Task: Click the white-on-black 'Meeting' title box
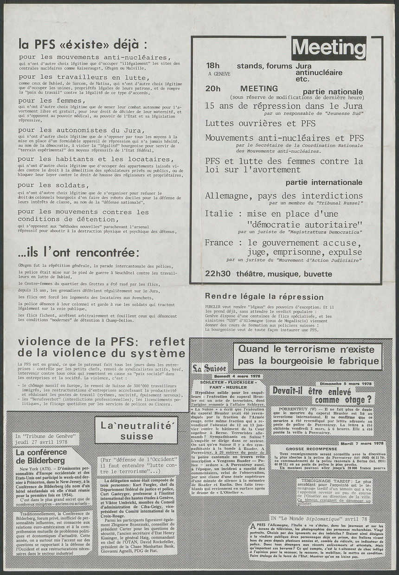tap(328, 48)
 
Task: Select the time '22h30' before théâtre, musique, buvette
tap(218, 274)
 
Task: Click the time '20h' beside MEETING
tap(213, 88)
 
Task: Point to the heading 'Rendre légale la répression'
tap(264, 297)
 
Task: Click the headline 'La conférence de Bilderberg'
tap(40, 456)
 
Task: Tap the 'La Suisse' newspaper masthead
tap(209, 368)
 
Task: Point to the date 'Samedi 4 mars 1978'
tap(238, 376)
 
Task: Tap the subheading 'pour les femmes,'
tap(52, 100)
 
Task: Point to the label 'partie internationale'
tap(324, 182)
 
